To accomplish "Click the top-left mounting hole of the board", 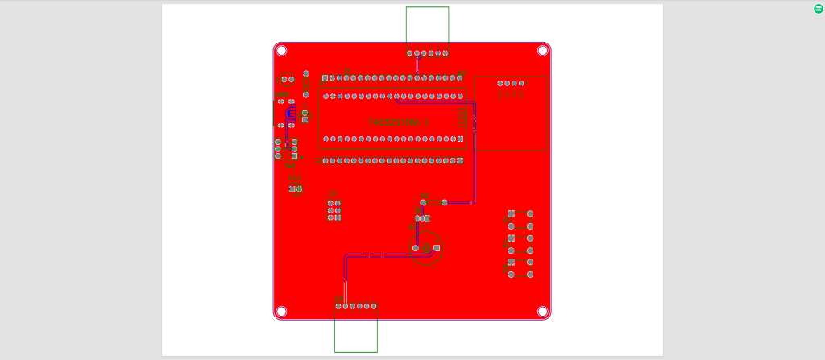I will [x=281, y=50].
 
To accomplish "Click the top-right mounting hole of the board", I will [x=543, y=50].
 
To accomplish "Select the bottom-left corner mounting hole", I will [x=281, y=311].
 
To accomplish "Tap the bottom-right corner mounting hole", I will [x=543, y=311].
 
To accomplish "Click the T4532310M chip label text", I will [x=398, y=122].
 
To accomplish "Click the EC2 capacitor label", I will [x=294, y=178].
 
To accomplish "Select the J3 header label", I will [x=332, y=193].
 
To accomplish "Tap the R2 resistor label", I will [x=424, y=195].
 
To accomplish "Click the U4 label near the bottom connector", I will [x=338, y=299].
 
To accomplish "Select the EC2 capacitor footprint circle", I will [x=295, y=189].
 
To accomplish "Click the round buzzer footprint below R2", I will [x=426, y=248].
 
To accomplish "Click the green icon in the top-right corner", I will [x=819, y=8].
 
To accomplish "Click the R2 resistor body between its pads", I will [x=433, y=202].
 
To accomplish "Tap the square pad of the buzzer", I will [x=437, y=247].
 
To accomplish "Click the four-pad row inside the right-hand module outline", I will [x=510, y=83].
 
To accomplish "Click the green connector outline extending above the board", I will [x=427, y=28].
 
